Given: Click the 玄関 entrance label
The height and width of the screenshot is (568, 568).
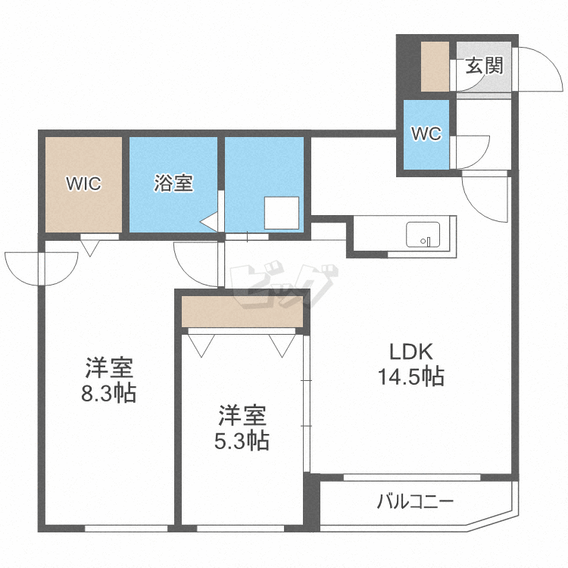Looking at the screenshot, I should click(x=484, y=66).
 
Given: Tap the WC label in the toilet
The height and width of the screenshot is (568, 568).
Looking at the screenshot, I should click(x=426, y=134).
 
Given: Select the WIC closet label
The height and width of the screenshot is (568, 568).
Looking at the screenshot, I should click(x=83, y=184).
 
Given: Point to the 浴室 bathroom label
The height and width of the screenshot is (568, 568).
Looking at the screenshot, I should click(x=173, y=183).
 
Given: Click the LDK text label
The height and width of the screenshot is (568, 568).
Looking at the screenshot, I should click(x=410, y=352).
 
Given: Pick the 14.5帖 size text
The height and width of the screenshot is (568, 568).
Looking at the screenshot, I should click(x=410, y=376).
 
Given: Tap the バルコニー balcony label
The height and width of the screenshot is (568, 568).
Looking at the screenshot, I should click(x=414, y=501).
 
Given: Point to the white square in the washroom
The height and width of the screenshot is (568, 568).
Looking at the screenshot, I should click(x=281, y=213).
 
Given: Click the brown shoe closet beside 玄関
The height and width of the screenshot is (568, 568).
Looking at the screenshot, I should click(x=435, y=67).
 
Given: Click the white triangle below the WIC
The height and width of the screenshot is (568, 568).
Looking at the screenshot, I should click(x=89, y=247).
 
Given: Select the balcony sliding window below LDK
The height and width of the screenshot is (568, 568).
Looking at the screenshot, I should click(x=412, y=478).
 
